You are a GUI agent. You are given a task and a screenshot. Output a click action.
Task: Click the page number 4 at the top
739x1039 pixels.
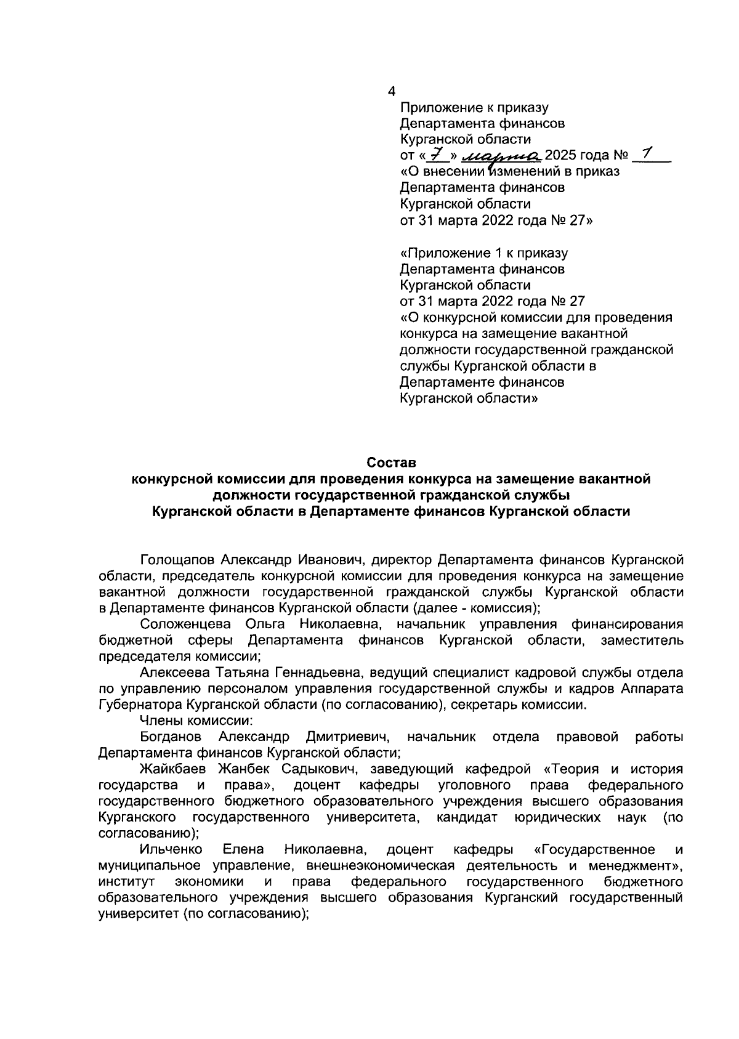391,92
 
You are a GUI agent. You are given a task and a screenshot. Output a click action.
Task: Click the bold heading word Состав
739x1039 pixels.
392,462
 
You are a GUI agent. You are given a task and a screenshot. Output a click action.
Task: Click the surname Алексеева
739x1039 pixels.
173,672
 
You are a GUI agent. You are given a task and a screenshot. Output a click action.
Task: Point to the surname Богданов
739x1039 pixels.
170,737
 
